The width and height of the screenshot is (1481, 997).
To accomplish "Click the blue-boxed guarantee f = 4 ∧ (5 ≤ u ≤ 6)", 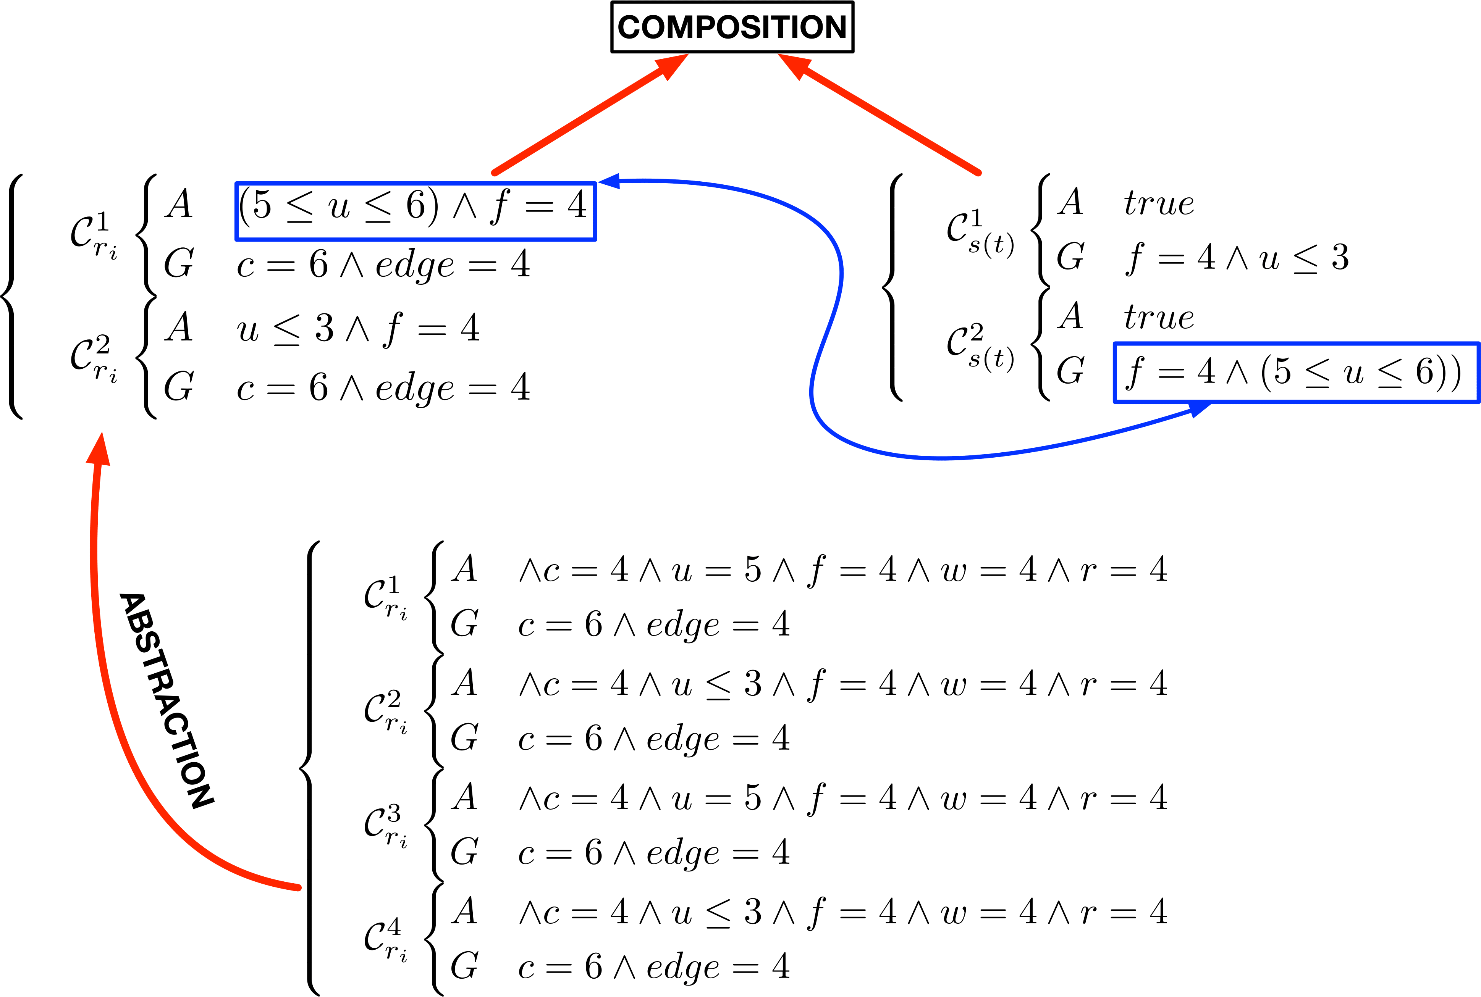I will coord(1295,373).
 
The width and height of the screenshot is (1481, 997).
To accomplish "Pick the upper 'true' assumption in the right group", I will coord(1158,203).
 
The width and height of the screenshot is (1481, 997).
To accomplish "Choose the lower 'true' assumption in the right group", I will coord(1158,317).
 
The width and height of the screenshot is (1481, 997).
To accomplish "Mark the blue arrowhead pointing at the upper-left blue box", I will coord(610,181).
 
